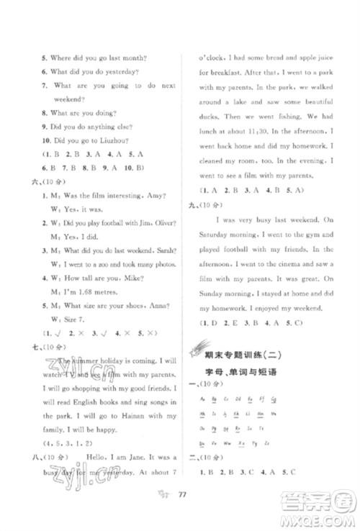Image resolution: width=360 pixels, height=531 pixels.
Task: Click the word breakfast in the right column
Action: click(x=212, y=74)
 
